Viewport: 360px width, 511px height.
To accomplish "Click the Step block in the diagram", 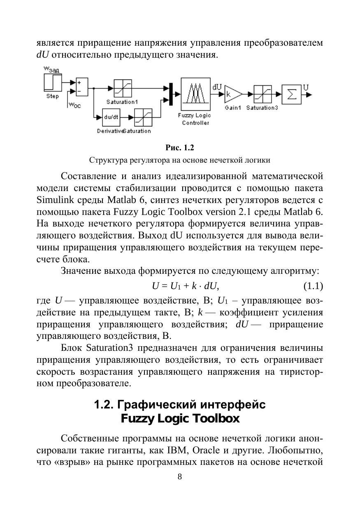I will tap(52, 84).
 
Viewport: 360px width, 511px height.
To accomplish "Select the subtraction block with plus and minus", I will tap(82, 87).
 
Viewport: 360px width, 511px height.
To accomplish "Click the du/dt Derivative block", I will tap(111, 118).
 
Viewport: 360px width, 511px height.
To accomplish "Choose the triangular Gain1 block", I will tap(231, 95).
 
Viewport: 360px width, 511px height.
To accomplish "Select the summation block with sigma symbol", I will tap(291, 94).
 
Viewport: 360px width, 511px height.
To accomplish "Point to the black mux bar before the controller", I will tap(170, 93).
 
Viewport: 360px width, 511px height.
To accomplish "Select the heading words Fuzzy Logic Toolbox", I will tap(180, 419).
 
